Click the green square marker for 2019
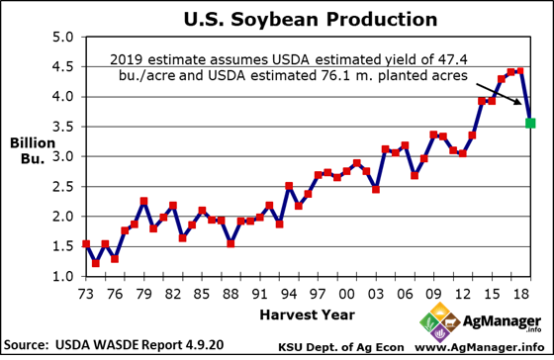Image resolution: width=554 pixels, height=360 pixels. (x=531, y=123)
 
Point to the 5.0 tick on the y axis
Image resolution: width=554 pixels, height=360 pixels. (x=63, y=38)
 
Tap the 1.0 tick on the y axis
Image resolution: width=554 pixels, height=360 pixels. (x=63, y=276)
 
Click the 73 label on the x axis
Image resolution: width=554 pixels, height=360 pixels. (x=87, y=294)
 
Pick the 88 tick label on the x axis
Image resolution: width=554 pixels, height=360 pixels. (x=231, y=294)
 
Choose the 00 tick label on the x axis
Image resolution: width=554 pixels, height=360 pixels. (x=346, y=294)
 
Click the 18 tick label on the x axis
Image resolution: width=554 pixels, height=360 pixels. (x=519, y=294)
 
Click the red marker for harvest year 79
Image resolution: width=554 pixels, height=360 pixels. (x=144, y=202)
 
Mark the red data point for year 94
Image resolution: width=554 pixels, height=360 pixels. (x=289, y=186)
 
